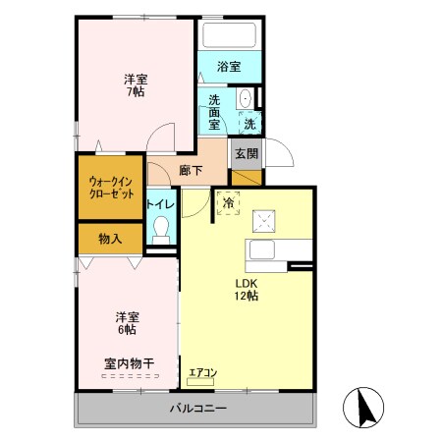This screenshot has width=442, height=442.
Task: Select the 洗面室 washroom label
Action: coord(215,112)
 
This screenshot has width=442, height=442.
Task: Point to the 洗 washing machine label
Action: coord(249,125)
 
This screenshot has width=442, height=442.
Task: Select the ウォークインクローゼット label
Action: coord(110,187)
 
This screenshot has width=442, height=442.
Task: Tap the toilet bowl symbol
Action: coord(162,230)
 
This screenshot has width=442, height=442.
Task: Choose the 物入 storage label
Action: coord(111,239)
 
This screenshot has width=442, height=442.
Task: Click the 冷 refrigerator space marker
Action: coord(228,203)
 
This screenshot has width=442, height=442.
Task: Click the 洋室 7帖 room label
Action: coord(136,85)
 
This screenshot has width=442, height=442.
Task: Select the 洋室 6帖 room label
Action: coord(127,323)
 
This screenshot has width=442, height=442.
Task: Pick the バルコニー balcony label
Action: coord(197,408)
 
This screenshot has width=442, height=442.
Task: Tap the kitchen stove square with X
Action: coord(263,220)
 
